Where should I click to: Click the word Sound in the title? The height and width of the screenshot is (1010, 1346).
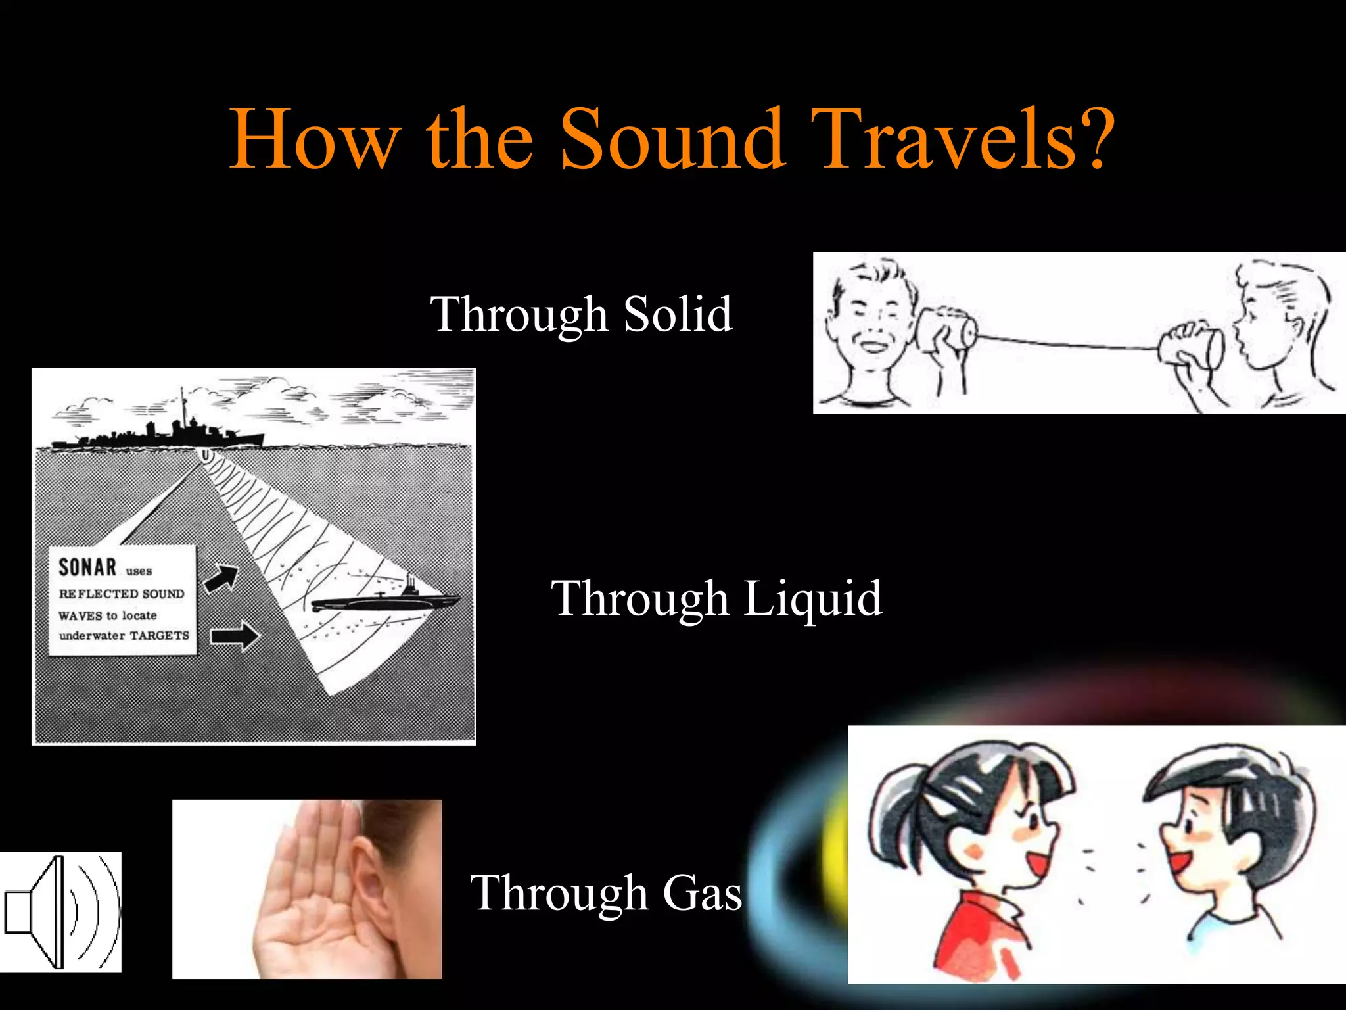[x=672, y=139]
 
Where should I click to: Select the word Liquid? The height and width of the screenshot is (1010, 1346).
[x=812, y=598]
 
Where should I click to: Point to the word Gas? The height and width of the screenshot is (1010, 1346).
[x=702, y=893]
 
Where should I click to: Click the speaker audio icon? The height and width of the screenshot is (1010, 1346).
[x=60, y=911]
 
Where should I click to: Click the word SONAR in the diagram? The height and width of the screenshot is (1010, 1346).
[x=87, y=567]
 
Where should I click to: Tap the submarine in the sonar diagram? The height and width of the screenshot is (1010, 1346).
[x=384, y=600]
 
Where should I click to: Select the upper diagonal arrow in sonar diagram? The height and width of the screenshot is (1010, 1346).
[x=221, y=578]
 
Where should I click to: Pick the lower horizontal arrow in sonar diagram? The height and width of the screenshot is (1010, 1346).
[x=235, y=636]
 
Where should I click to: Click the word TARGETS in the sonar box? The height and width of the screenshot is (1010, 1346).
[x=159, y=635]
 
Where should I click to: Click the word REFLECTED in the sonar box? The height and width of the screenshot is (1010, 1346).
[x=99, y=594]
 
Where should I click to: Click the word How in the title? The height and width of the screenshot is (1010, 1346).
[x=314, y=139]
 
